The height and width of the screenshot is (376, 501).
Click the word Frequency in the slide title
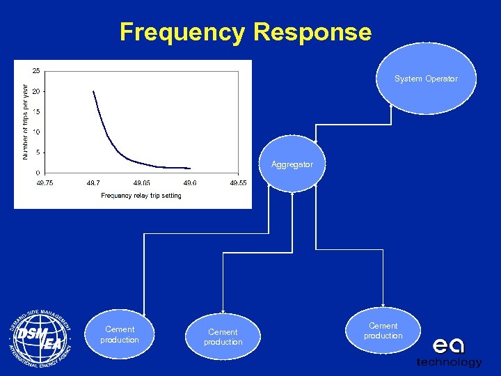(x=182, y=32)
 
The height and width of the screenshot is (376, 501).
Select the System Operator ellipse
(x=426, y=79)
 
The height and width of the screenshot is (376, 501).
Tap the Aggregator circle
(x=292, y=165)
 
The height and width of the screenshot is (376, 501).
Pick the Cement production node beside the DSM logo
(x=119, y=334)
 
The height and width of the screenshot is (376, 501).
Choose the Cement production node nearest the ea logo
(x=383, y=331)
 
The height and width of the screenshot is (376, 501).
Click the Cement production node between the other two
(x=223, y=337)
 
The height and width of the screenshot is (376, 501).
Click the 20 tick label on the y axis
(x=35, y=91)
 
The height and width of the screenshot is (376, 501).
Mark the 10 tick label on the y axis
(x=35, y=132)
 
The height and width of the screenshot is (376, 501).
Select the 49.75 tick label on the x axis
(x=45, y=182)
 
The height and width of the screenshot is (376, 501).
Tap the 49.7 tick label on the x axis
(x=93, y=182)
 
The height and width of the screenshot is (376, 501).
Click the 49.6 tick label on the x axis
(x=189, y=182)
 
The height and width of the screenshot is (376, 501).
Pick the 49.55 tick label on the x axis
(x=238, y=182)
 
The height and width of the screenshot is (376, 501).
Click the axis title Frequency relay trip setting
(x=141, y=196)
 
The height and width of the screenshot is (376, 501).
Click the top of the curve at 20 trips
(x=93, y=91)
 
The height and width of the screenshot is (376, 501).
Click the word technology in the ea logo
(x=449, y=362)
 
